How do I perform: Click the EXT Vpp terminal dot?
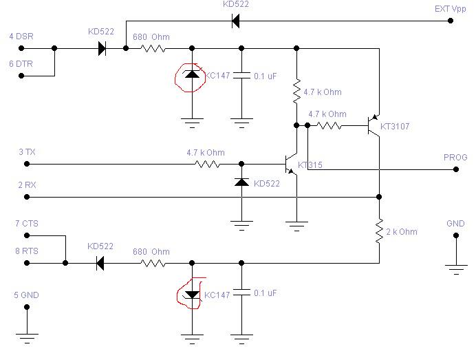coord(451,21)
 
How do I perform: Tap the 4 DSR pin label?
coord(21,36)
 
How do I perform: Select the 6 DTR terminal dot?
coord(21,76)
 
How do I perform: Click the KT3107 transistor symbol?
coord(374,125)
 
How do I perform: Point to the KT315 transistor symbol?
coord(291,164)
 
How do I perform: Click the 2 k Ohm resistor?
coord(379,231)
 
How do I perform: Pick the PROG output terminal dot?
coord(456,169)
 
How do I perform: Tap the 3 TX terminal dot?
coord(27,164)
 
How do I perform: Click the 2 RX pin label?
coord(27,184)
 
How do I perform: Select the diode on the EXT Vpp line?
coord(235,21)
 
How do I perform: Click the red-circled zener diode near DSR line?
coord(192,74)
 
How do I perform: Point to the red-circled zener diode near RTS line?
coord(192,295)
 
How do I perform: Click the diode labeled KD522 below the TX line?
coord(241,182)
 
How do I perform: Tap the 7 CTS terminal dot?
coord(27,235)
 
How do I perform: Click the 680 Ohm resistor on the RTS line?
coord(153,263)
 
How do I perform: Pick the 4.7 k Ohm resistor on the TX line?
coord(208,164)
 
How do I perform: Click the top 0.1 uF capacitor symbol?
coord(241,75)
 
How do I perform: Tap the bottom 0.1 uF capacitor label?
coord(266,293)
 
